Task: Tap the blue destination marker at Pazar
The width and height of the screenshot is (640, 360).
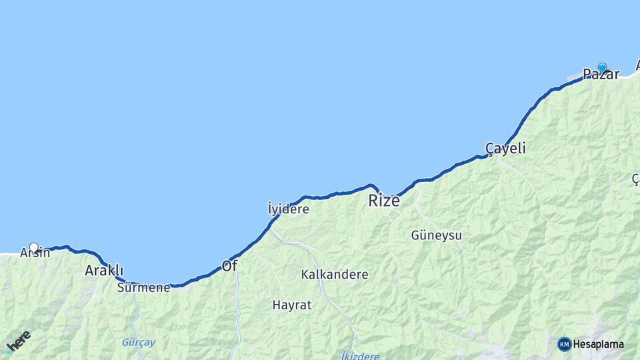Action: pyautogui.click(x=603, y=67)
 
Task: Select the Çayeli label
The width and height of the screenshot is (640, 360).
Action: pyautogui.click(x=505, y=148)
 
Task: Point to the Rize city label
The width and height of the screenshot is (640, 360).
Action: pyautogui.click(x=385, y=200)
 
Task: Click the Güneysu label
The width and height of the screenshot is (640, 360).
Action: pyautogui.click(x=436, y=235)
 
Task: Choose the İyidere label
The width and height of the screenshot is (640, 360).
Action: pyautogui.click(x=288, y=209)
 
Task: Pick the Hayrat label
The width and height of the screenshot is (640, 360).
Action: pyautogui.click(x=291, y=305)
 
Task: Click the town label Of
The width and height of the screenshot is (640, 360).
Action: pyautogui.click(x=229, y=266)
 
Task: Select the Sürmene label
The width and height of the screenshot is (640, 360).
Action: pyautogui.click(x=143, y=288)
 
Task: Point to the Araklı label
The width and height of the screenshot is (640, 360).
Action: pyautogui.click(x=104, y=270)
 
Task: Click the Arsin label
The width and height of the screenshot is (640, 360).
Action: pyautogui.click(x=35, y=253)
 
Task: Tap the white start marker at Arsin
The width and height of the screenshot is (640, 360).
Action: pyautogui.click(x=34, y=247)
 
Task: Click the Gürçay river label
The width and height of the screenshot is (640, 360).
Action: pyautogui.click(x=138, y=343)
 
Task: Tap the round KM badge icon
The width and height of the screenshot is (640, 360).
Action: pyautogui.click(x=564, y=344)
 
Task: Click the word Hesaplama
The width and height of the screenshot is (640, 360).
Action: pyautogui.click(x=598, y=345)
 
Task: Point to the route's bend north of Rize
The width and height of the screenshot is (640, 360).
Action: pyautogui.click(x=373, y=186)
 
